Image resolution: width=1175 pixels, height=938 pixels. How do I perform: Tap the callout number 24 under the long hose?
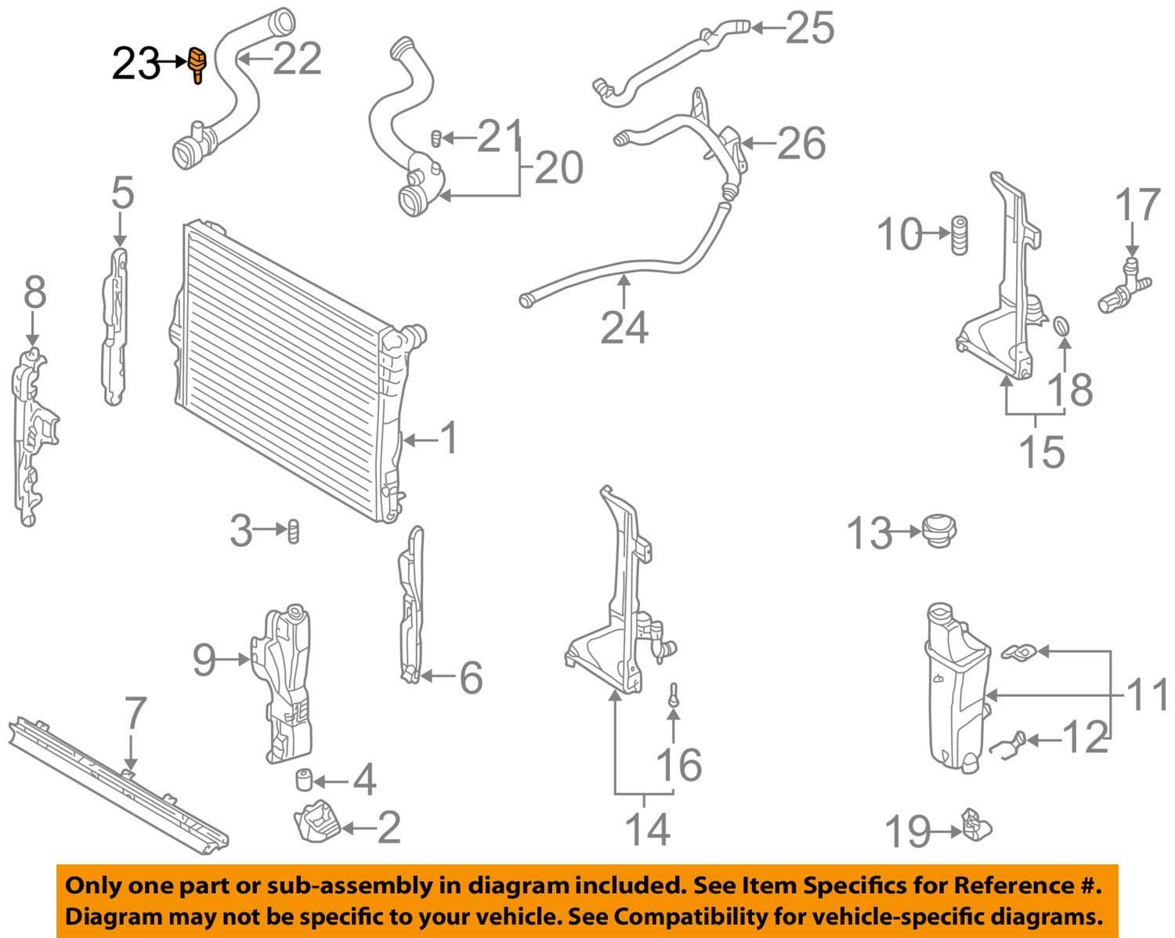pos(624,328)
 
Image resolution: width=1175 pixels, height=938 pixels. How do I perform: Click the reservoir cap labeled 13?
pos(939,531)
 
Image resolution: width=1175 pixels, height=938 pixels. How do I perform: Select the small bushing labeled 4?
pos(304,780)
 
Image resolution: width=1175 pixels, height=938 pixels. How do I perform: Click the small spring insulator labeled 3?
pos(294,531)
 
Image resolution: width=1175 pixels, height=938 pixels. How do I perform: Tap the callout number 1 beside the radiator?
pos(449,439)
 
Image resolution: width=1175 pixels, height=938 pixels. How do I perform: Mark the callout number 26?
pos(801,143)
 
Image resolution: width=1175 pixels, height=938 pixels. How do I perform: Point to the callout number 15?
pos(1042,452)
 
